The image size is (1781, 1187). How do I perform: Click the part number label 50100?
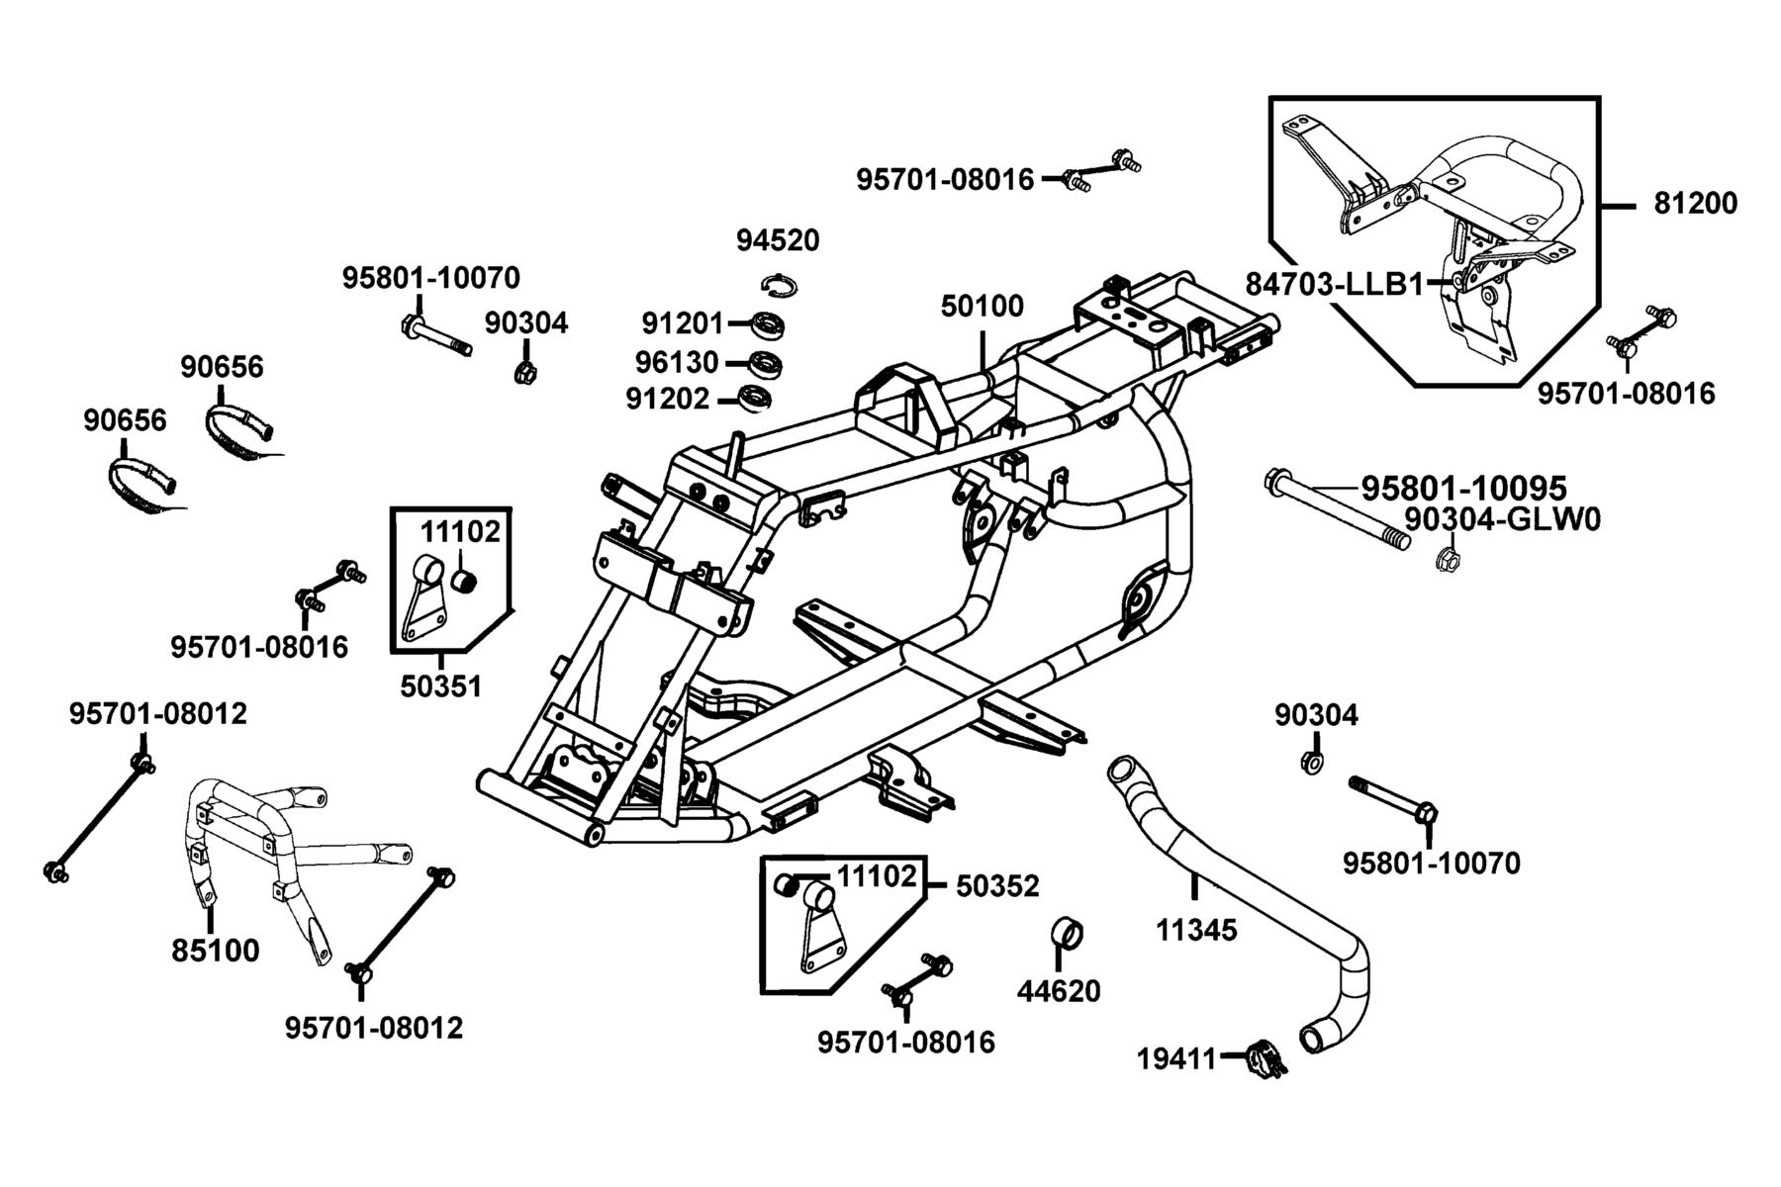tap(982, 306)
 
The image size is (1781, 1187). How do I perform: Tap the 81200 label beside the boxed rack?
tap(1695, 203)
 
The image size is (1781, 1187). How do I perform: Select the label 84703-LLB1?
tap(1335, 284)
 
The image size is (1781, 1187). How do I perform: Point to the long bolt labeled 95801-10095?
tap(1336, 510)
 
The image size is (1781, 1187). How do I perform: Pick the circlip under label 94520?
tap(780, 284)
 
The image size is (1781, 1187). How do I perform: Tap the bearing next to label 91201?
tap(767, 323)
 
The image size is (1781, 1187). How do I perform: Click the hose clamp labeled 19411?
tap(1265, 1058)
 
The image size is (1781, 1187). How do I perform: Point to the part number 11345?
tap(1196, 930)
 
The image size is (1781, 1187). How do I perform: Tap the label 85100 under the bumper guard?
tap(215, 951)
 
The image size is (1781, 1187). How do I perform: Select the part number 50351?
tap(440, 685)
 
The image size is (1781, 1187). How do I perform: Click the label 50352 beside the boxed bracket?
tap(997, 886)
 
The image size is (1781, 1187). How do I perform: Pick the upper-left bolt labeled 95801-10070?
tap(436, 336)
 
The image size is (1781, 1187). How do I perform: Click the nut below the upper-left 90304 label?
tap(525, 372)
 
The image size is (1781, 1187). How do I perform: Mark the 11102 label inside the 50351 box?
tap(460, 531)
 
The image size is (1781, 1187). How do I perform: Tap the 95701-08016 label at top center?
tap(945, 180)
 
